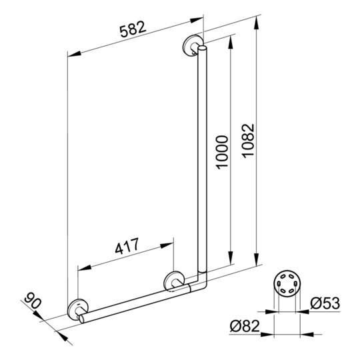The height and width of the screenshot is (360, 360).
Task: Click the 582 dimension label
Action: [x=133, y=29]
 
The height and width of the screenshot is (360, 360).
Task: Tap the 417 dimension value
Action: [x=127, y=246]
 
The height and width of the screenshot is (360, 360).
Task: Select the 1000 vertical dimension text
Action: [x=222, y=153]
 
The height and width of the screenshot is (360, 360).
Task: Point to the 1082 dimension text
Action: [x=249, y=141]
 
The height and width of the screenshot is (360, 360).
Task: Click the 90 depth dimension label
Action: [x=33, y=300]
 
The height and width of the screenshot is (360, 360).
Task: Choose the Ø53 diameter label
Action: [x=325, y=303]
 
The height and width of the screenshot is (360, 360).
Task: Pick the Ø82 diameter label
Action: [x=245, y=326]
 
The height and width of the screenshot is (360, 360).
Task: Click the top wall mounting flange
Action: [x=193, y=45]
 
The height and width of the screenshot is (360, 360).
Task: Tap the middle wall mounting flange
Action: [x=173, y=281]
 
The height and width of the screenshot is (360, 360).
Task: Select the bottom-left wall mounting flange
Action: [x=77, y=309]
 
